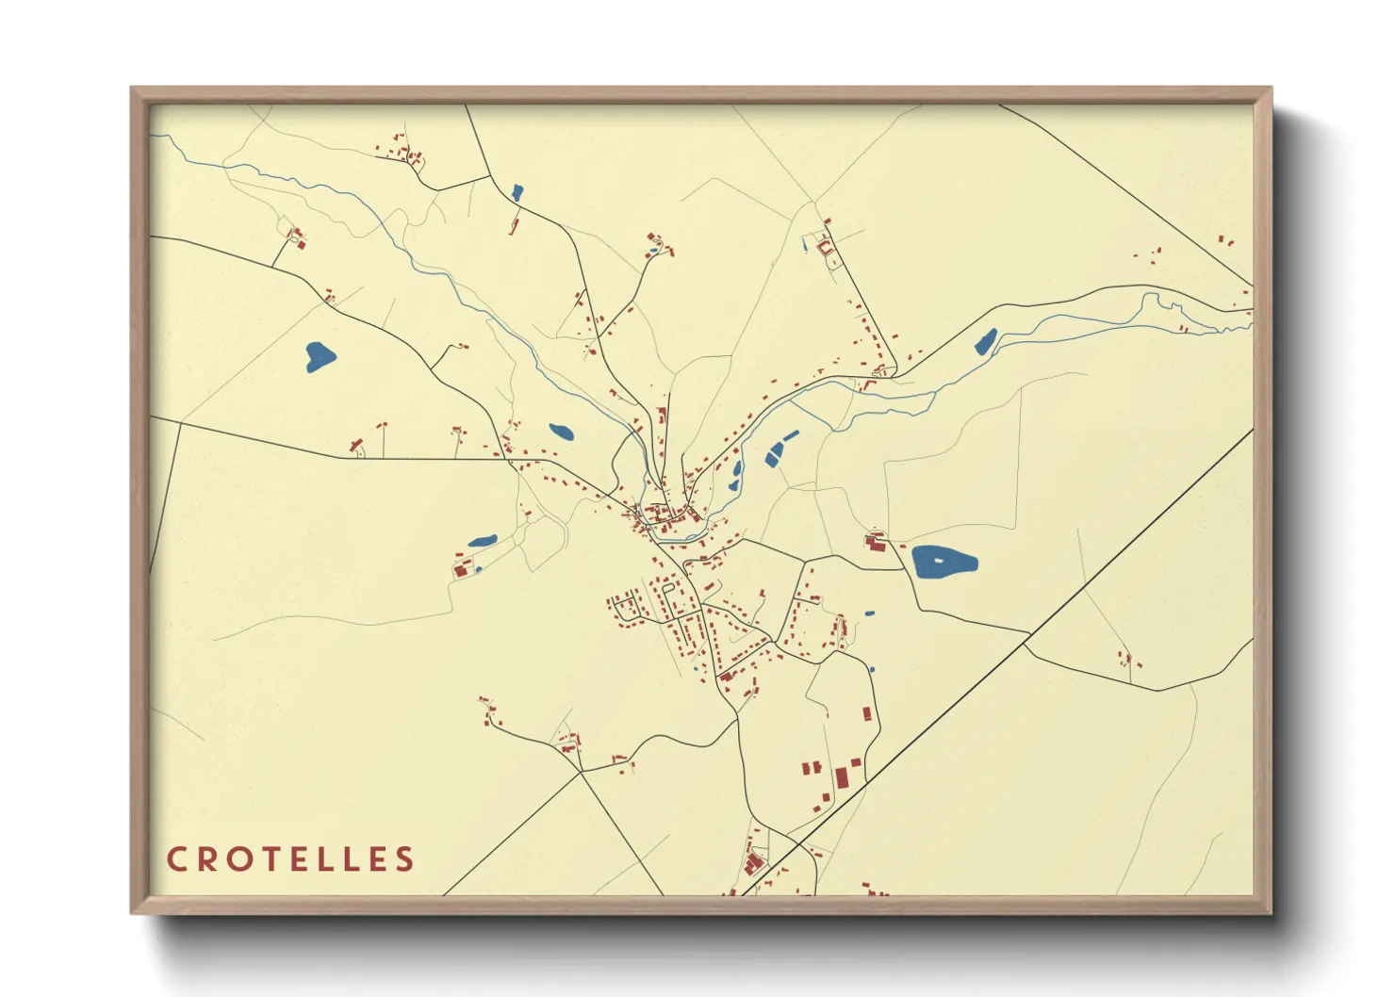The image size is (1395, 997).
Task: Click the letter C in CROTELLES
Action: click(176, 859)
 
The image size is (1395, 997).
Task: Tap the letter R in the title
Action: click(205, 859)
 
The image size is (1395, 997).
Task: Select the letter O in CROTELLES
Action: click(238, 859)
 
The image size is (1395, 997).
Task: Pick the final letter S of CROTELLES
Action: click(404, 859)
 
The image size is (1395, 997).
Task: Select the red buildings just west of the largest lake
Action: click(876, 542)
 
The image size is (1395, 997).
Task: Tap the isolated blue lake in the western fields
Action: click(320, 355)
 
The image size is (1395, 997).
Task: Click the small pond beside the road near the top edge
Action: click(517, 192)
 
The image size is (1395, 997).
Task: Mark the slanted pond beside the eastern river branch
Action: click(986, 340)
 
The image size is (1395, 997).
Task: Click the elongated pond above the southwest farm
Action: click(483, 542)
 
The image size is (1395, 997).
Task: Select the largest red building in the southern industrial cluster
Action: click(842, 778)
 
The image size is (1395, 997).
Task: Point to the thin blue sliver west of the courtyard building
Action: click(804, 245)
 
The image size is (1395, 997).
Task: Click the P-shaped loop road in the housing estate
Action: click(668, 593)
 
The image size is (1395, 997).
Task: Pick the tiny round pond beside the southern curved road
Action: click(872, 670)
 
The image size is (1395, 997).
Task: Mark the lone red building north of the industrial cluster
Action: click(866, 714)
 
